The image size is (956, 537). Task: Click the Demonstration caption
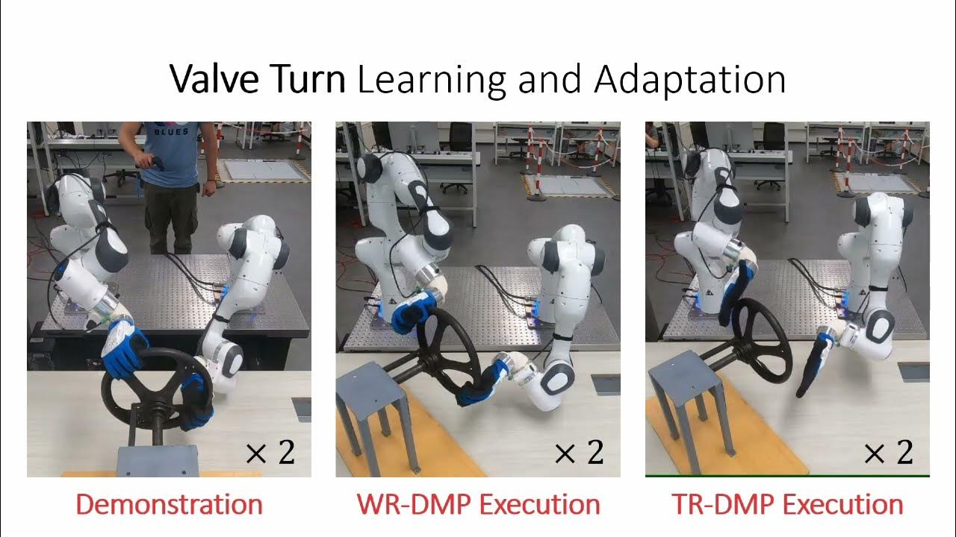coord(169,505)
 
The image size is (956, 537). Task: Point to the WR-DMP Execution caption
coord(478,505)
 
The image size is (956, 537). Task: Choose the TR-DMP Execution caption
coord(787,505)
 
